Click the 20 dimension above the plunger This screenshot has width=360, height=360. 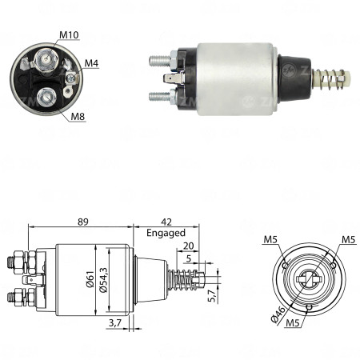pos(188,247)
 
